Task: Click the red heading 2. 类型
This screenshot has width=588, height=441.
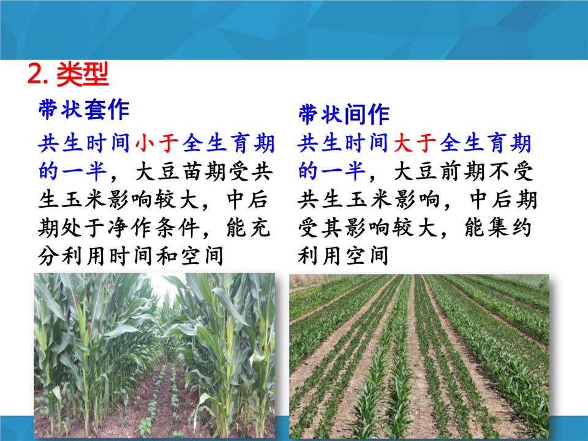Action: click(x=68, y=74)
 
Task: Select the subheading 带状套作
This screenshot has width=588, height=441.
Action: click(x=84, y=110)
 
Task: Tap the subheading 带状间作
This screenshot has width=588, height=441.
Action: click(x=344, y=115)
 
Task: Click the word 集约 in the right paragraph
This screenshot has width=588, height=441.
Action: click(x=509, y=228)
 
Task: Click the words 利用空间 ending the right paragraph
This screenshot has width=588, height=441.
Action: click(x=343, y=256)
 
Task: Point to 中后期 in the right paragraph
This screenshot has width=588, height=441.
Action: click(x=503, y=200)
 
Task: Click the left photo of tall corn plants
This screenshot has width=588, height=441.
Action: click(x=154, y=355)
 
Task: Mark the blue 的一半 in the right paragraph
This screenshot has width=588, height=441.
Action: click(x=332, y=171)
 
